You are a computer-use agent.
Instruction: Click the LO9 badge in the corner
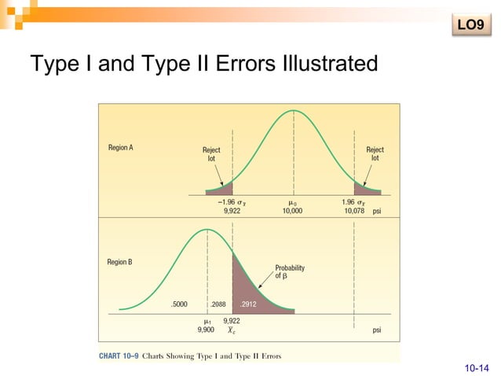(469, 26)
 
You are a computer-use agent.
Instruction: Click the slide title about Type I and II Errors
(203, 63)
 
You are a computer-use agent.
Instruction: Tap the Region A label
(120, 148)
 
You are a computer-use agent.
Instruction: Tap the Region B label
(120, 262)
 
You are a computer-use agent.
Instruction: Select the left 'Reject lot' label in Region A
(211, 154)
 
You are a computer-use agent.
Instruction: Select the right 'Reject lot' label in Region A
(375, 154)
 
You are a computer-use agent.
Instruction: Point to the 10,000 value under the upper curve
(292, 211)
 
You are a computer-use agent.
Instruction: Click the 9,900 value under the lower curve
(205, 330)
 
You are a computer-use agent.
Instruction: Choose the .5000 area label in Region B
(180, 304)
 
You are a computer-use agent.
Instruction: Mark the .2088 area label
(219, 304)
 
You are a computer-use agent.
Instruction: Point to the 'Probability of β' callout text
(289, 272)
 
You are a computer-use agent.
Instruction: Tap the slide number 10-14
(476, 367)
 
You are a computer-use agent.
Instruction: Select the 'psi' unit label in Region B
(378, 330)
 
